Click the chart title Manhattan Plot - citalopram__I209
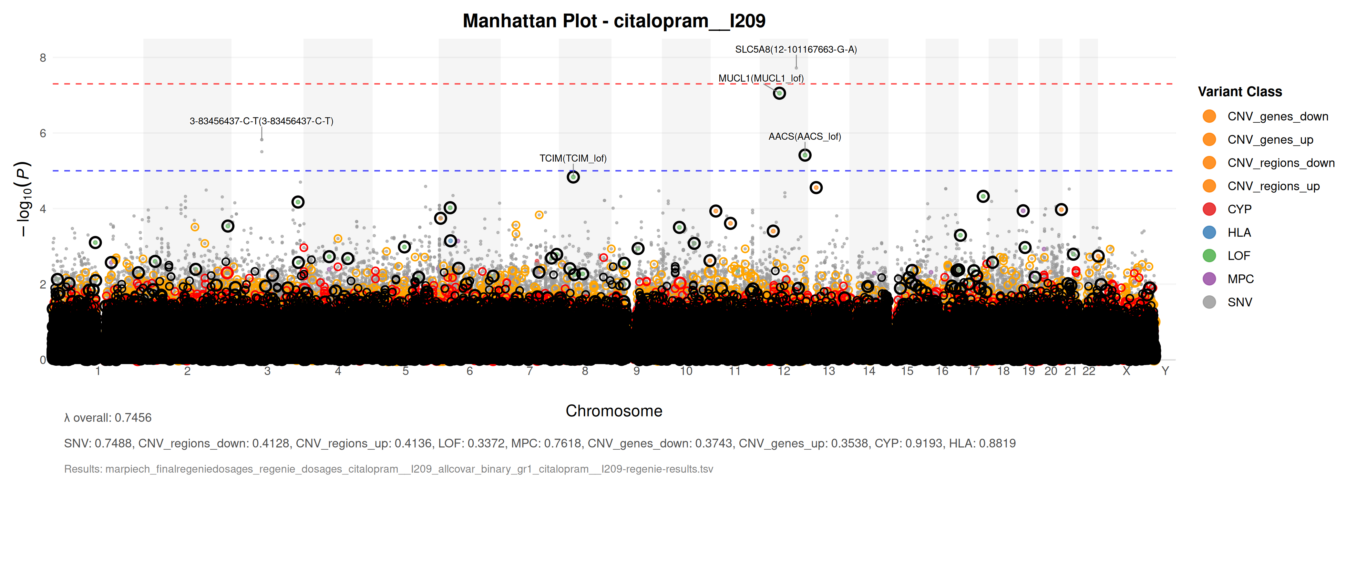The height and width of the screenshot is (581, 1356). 614,21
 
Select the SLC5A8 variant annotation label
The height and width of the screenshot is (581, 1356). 796,49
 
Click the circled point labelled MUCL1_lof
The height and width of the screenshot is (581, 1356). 779,93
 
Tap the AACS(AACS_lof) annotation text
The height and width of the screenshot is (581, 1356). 804,136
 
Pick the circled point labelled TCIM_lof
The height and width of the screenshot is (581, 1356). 573,177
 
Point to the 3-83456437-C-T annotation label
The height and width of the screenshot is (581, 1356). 261,121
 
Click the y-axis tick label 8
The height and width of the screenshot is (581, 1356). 43,58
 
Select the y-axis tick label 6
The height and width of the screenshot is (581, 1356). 43,133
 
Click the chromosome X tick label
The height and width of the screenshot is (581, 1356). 1126,371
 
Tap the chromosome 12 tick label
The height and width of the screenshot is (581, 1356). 784,371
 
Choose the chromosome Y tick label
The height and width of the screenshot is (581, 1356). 1165,371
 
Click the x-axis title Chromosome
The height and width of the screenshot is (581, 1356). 614,411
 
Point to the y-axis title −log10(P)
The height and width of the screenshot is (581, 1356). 24,199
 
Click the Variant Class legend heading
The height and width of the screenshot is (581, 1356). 1240,92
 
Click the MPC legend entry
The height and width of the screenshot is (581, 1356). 1240,279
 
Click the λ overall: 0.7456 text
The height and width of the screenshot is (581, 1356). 108,418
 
